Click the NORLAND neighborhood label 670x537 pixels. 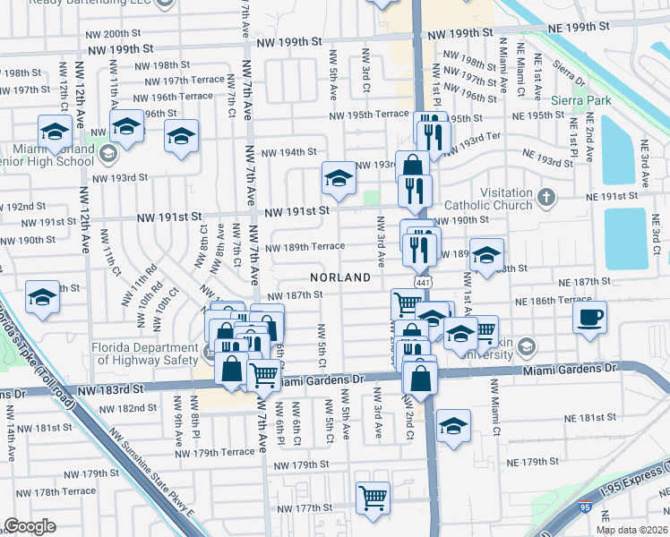pyautogui.click(x=341, y=277)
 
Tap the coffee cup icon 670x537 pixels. pyautogui.click(x=590, y=317)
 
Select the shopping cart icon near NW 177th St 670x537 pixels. pyautogui.click(x=373, y=497)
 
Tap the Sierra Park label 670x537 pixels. pyautogui.click(x=582, y=100)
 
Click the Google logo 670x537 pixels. pyautogui.click(x=30, y=526)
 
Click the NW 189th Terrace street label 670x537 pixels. pyautogui.click(x=304, y=247)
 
